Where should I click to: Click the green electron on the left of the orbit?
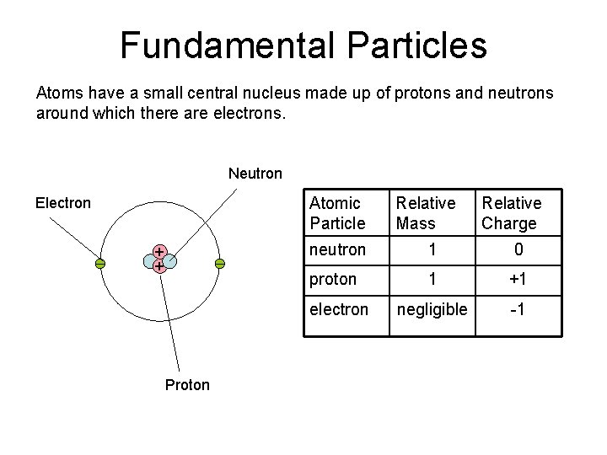99,264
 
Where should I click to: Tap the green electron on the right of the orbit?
219,264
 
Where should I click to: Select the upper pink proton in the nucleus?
158,251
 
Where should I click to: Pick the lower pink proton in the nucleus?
158,266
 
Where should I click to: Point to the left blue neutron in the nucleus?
150,260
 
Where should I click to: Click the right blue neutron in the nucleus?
167,259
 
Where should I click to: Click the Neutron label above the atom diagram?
255,174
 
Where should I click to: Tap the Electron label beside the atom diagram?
62,203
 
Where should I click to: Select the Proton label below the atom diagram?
187,385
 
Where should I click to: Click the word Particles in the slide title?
410,45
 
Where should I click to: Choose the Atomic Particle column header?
337,213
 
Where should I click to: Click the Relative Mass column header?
426,213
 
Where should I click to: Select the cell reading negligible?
432,309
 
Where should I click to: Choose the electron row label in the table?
339,309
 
